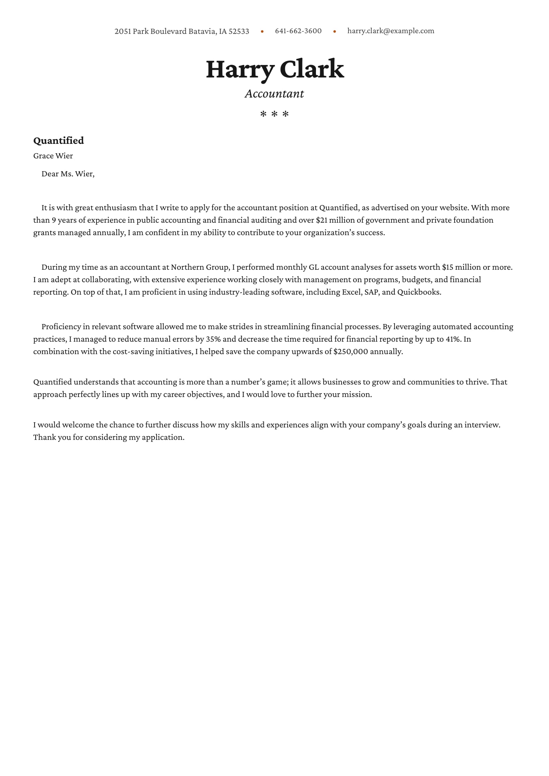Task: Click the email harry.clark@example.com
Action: (x=391, y=31)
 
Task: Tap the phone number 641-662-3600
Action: (x=298, y=31)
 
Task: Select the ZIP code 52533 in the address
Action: (x=239, y=31)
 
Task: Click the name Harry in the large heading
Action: (x=240, y=70)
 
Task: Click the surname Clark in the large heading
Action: (x=311, y=69)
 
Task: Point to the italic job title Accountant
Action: (x=274, y=94)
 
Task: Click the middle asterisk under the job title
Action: (x=274, y=114)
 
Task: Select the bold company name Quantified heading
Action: (x=58, y=140)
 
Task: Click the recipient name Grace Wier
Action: (x=53, y=156)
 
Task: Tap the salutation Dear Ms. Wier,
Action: (x=68, y=174)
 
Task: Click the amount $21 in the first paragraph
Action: (x=322, y=220)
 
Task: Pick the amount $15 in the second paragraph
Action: (x=447, y=267)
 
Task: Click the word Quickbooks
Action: (x=419, y=292)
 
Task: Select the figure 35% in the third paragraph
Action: (x=213, y=339)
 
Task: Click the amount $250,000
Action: (x=350, y=352)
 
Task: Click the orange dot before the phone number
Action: (x=262, y=31)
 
